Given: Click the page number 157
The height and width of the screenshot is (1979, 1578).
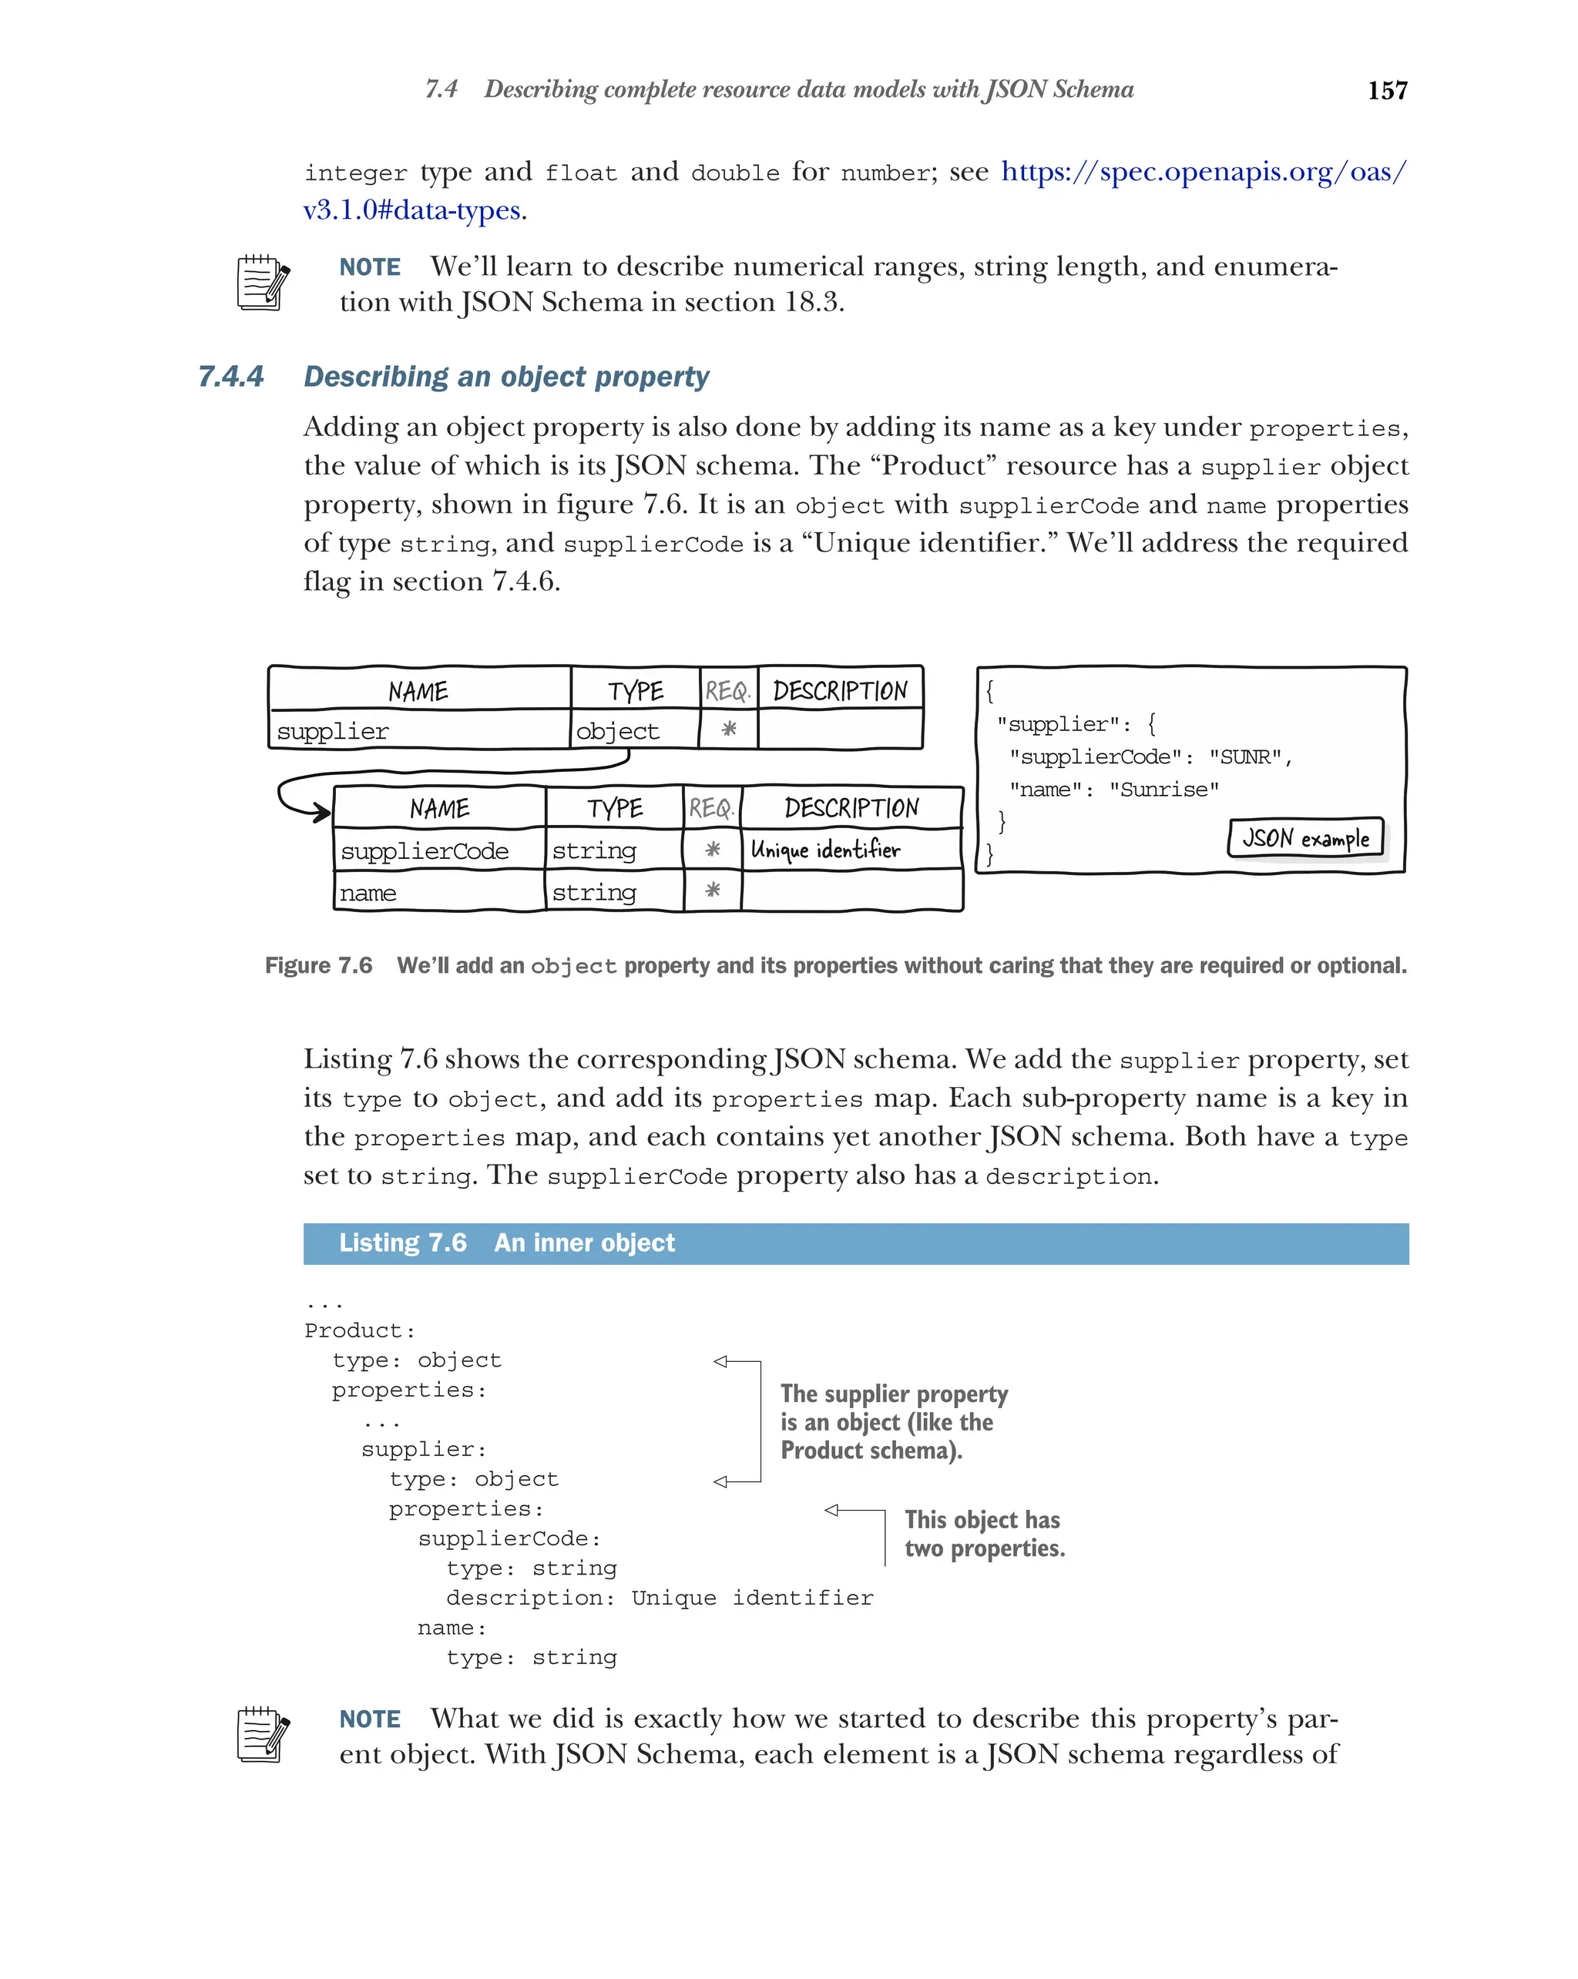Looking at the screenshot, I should click(x=1386, y=90).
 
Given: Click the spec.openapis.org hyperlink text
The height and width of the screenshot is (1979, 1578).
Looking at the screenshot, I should click(x=1202, y=172).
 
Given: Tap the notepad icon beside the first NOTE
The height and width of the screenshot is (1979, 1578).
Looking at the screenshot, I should click(x=263, y=283).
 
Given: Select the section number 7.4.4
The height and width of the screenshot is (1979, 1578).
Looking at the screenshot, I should click(x=230, y=377).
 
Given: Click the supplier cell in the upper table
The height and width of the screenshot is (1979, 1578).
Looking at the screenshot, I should click(x=332, y=732).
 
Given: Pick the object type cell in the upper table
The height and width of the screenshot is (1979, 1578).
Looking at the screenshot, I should click(x=617, y=732).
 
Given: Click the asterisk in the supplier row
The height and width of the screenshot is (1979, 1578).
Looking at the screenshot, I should click(x=728, y=729).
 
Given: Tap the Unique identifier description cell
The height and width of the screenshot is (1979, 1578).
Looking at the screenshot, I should click(x=824, y=850).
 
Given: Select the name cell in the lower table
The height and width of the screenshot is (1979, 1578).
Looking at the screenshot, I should click(x=368, y=893).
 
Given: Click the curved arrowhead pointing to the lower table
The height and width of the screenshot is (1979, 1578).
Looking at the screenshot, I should click(x=321, y=811).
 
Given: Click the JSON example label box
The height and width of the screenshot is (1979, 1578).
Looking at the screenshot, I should click(x=1304, y=838).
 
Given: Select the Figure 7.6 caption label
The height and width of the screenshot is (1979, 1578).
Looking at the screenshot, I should click(x=318, y=966).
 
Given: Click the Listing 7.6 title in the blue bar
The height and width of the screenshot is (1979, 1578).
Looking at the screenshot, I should click(x=505, y=1243).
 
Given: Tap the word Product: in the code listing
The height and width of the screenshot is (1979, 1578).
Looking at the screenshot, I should click(x=360, y=1331).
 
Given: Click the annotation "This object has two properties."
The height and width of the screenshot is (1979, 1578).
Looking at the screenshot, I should click(x=983, y=1534).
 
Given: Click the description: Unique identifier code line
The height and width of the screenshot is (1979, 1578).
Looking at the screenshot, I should click(x=659, y=1598).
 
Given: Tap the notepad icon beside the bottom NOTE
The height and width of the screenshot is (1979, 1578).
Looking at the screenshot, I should click(x=263, y=1734).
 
